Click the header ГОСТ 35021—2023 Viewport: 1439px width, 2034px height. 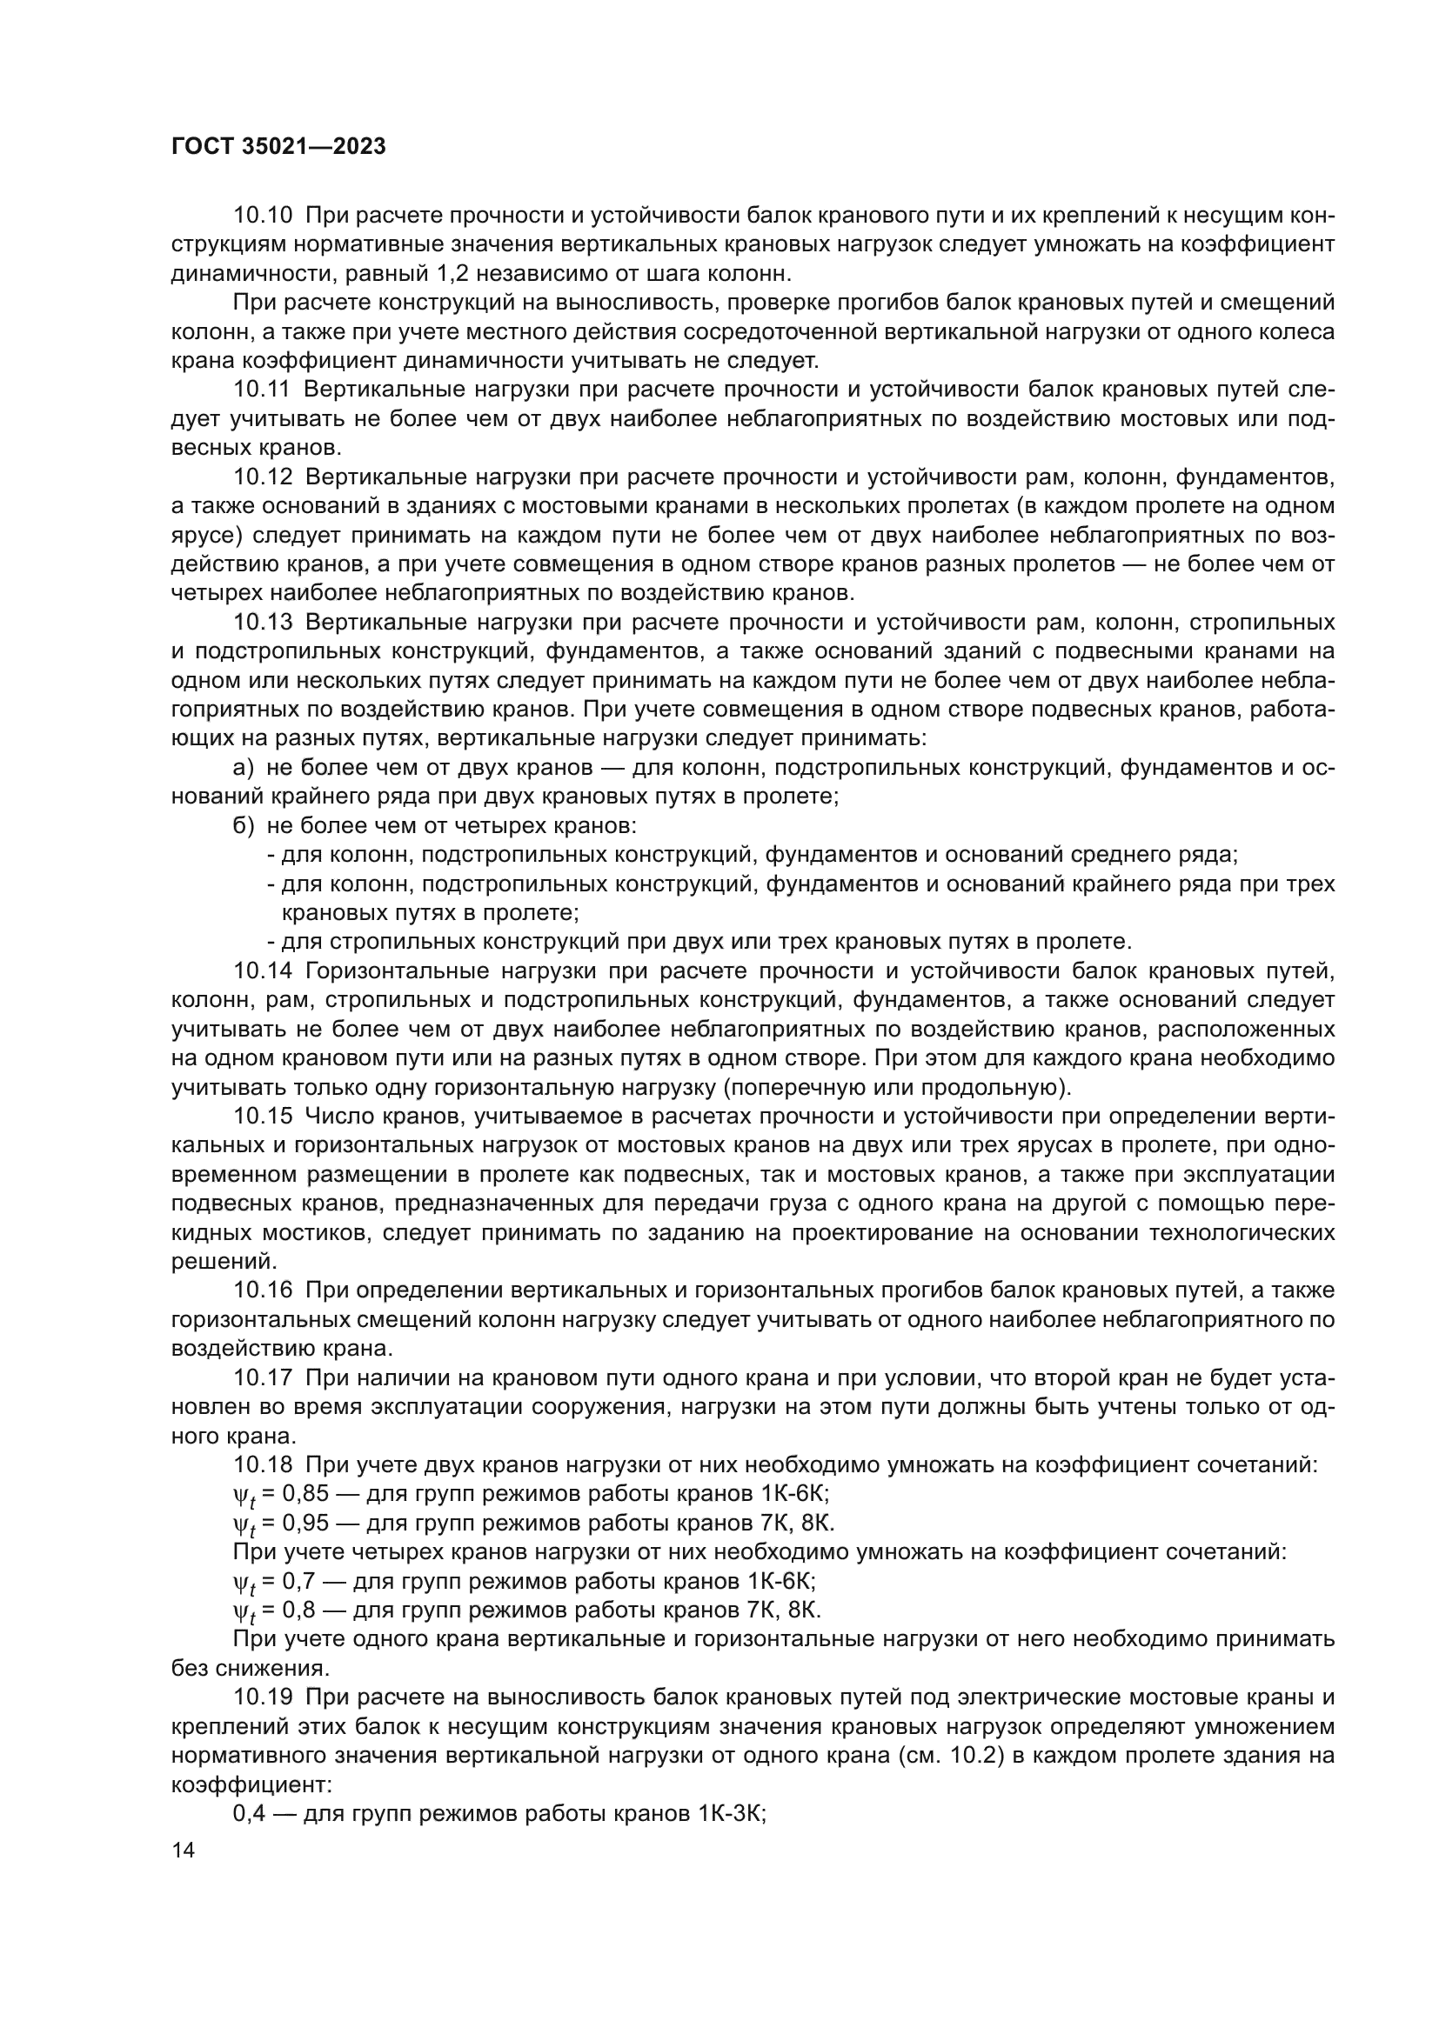278,147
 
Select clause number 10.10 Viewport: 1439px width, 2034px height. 262,217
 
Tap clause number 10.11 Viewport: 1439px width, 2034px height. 262,390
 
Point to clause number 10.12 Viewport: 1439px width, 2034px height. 262,477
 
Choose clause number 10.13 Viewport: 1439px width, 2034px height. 262,623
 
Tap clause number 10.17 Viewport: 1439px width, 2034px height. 262,1378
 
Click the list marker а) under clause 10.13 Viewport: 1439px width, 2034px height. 242,767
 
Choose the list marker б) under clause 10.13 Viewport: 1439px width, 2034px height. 242,825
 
